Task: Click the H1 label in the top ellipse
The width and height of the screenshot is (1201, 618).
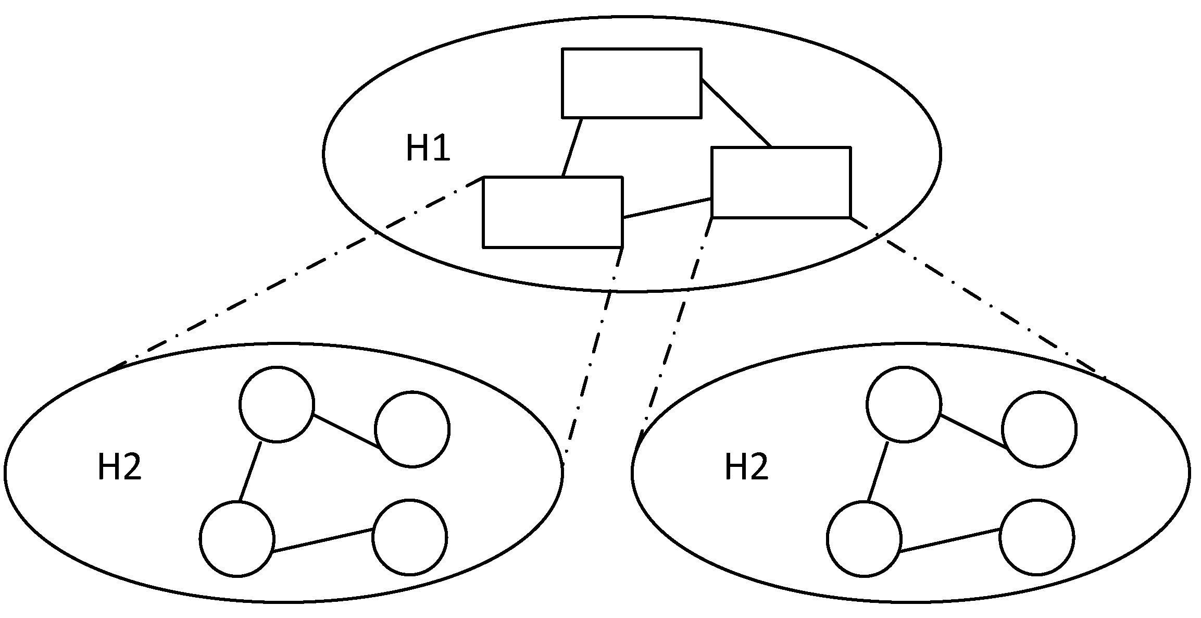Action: (x=428, y=148)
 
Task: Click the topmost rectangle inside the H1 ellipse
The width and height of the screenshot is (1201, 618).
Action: (x=631, y=83)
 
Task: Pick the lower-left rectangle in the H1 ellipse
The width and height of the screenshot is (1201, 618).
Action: (x=553, y=212)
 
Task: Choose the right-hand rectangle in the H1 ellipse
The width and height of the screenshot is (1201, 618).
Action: (x=781, y=182)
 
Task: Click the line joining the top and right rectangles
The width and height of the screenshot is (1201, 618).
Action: (x=735, y=113)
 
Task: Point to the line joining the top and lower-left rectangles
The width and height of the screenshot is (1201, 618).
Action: (x=572, y=147)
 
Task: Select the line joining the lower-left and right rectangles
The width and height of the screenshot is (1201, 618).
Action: (x=667, y=208)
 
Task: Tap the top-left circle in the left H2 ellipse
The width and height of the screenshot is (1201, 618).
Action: (x=277, y=404)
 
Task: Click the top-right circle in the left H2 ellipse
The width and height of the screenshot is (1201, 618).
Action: (x=412, y=429)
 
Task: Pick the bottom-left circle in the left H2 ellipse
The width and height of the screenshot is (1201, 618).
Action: (x=237, y=539)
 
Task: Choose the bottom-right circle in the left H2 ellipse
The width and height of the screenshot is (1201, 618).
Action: (x=410, y=537)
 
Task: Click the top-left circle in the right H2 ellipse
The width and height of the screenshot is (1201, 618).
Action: (x=904, y=404)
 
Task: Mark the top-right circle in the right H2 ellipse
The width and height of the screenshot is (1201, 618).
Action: (x=1039, y=429)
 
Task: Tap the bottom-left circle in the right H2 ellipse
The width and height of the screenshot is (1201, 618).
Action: (x=864, y=539)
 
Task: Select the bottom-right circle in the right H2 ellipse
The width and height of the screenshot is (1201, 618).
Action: (x=1037, y=537)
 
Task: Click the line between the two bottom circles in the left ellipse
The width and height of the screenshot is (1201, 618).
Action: (x=323, y=540)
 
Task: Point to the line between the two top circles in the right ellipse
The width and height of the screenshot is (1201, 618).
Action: (x=973, y=431)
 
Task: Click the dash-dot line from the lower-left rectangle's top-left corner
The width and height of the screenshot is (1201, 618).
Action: (x=297, y=274)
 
